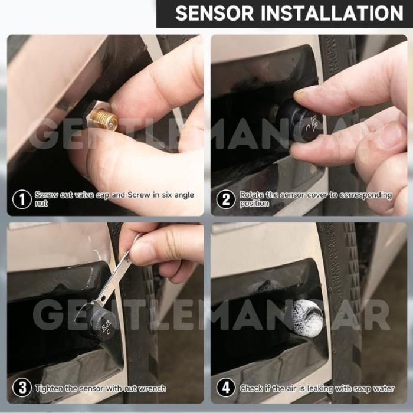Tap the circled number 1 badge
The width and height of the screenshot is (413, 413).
pos(21,199)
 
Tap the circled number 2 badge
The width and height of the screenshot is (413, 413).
pos(225,199)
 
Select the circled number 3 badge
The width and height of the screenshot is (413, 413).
pos(21,388)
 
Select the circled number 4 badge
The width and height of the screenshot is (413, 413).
pos(225,388)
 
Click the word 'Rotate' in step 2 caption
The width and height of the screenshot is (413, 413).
pos(253,195)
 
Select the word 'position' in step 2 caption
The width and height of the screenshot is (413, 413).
pos(254,204)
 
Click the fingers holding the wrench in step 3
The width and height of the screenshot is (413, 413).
pos(162,248)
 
